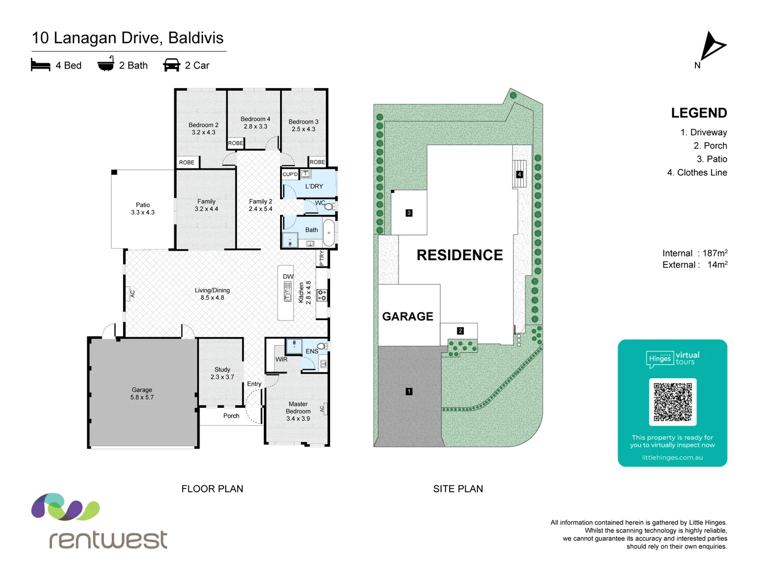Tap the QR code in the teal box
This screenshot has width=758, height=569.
point(672,401)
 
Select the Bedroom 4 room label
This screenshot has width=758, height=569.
point(255,123)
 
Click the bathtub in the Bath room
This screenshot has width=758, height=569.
point(328,232)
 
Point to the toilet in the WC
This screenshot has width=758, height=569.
point(329,206)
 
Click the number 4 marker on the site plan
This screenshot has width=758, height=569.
point(519,174)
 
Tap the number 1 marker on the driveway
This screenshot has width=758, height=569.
point(409,391)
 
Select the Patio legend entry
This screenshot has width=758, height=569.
point(711,159)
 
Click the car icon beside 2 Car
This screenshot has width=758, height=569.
point(172,65)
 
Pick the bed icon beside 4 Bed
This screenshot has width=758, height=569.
point(41,65)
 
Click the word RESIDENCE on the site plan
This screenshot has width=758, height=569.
point(460,255)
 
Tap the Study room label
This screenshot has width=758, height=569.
point(222,373)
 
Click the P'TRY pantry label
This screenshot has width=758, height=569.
point(322,258)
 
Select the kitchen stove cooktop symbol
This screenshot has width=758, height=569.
point(322,295)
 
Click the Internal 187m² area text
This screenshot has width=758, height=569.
point(694,253)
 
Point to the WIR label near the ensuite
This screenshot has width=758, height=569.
point(282,359)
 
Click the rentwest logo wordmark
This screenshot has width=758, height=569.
point(108,539)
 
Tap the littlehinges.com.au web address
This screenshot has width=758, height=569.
point(672,457)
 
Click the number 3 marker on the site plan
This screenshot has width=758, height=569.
point(409,213)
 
